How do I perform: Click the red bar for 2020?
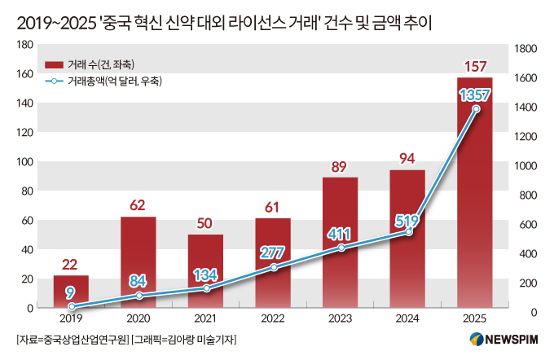pyautogui.click(x=138, y=262)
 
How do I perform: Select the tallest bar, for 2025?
pyautogui.click(x=474, y=192)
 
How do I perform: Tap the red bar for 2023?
pyautogui.click(x=340, y=243)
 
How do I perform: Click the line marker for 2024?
pyautogui.click(x=409, y=232)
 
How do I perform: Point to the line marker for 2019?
pyautogui.click(x=72, y=306)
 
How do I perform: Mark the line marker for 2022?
pyautogui.click(x=274, y=267)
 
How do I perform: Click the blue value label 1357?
pyautogui.click(x=474, y=95)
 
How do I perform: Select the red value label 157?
pyautogui.click(x=475, y=67)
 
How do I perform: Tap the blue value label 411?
pyautogui.click(x=338, y=235)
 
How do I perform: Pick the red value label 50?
pyautogui.click(x=204, y=223)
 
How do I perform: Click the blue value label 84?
pyautogui.click(x=138, y=281)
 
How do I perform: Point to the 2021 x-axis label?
pyautogui.click(x=205, y=318)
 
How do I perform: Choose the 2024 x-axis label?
pyautogui.click(x=407, y=318)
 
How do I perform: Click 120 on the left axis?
pyautogui.click(x=24, y=133)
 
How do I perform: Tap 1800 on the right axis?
pyautogui.click(x=525, y=49)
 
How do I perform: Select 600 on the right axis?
pyautogui.click(x=528, y=225)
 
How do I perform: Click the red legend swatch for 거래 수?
pyautogui.click(x=54, y=65)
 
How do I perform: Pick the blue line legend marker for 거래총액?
pyautogui.click(x=54, y=81)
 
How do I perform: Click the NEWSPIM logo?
pyautogui.click(x=503, y=340)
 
